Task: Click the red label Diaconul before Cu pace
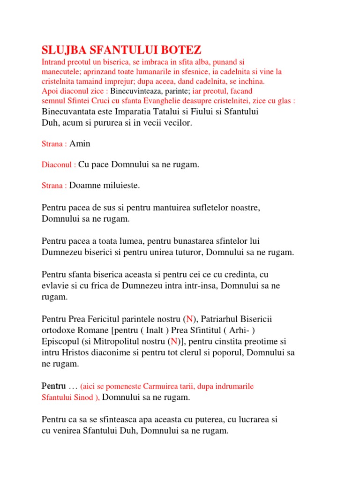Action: click(59, 165)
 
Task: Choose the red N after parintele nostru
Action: click(190, 319)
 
